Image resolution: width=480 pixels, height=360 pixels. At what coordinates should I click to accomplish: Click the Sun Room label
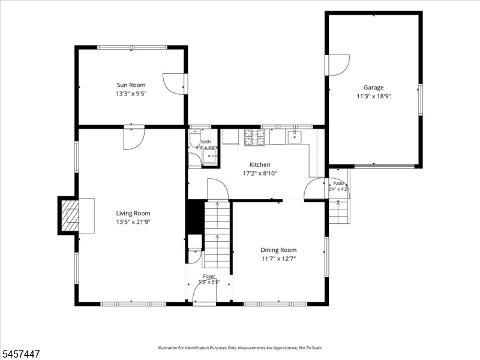click(x=131, y=85)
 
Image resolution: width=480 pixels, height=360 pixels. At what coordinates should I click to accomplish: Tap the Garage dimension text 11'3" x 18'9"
click(x=373, y=97)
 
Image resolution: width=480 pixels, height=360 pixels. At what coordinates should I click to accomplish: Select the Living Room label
click(x=133, y=214)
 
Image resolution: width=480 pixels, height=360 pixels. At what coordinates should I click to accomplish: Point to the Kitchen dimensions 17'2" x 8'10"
click(x=260, y=173)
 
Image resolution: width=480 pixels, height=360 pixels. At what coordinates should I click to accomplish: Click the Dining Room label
click(x=278, y=250)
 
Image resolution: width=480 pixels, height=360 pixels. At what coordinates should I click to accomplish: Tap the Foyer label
click(x=209, y=276)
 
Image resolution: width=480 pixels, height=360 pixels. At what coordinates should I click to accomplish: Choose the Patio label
click(x=338, y=184)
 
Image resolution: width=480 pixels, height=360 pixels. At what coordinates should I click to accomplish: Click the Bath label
click(x=206, y=142)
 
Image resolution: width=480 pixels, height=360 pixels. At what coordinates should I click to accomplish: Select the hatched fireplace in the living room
click(x=70, y=215)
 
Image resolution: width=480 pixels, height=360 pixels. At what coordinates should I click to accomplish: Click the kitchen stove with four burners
click(x=254, y=137)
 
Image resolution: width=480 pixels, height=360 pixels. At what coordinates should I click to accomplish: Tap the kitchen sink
click(x=294, y=137)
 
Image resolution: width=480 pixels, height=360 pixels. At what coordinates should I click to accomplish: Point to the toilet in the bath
click(x=194, y=138)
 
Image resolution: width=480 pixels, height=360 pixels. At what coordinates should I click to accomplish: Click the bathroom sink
click(x=209, y=156)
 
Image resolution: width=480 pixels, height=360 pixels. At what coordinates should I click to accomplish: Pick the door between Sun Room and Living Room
click(x=134, y=139)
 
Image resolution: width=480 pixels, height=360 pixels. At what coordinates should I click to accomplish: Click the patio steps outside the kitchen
click(x=338, y=211)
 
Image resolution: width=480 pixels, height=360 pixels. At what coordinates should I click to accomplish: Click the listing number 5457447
click(x=20, y=354)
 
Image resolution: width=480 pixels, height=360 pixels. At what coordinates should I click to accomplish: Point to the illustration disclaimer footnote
click(x=240, y=348)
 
